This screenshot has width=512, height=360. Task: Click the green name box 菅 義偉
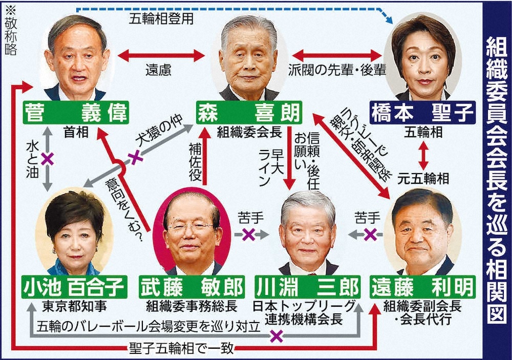point(75,112)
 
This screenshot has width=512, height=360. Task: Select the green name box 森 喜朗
point(249,112)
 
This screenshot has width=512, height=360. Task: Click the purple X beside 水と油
point(48,159)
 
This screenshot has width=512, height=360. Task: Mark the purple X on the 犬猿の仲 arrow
point(135,157)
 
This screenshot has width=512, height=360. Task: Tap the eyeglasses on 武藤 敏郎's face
point(190,227)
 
